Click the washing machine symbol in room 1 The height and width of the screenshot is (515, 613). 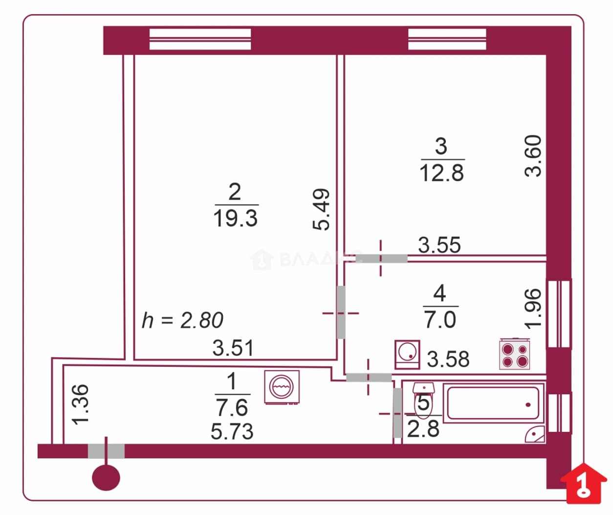tap(282, 387)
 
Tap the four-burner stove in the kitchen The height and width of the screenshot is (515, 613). tap(515, 354)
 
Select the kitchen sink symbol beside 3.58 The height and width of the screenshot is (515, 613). tap(407, 354)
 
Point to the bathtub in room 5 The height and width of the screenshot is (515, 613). tap(494, 403)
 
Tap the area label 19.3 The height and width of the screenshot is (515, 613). tap(236, 218)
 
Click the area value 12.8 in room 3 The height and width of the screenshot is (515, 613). tap(442, 173)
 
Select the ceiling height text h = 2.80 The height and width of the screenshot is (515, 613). tap(182, 320)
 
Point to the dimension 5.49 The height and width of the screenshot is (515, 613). tap(321, 209)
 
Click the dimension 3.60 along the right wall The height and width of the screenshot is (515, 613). tap(532, 156)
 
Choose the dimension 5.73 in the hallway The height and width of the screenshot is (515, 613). tap(232, 431)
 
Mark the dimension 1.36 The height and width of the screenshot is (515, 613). tap(80, 404)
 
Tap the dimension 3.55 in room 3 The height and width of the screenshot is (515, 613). tap(439, 245)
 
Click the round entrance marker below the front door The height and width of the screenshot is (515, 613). tap(106, 477)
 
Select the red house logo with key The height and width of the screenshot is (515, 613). tap(583, 484)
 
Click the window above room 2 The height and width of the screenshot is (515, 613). tap(200, 39)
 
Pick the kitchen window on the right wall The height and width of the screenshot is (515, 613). tap(559, 313)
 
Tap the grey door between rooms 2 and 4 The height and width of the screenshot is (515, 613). tap(341, 313)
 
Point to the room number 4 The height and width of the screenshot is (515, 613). tap(439, 293)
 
